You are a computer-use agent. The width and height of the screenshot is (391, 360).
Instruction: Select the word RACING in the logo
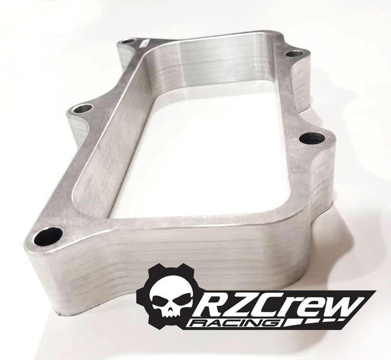(x=235, y=323)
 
